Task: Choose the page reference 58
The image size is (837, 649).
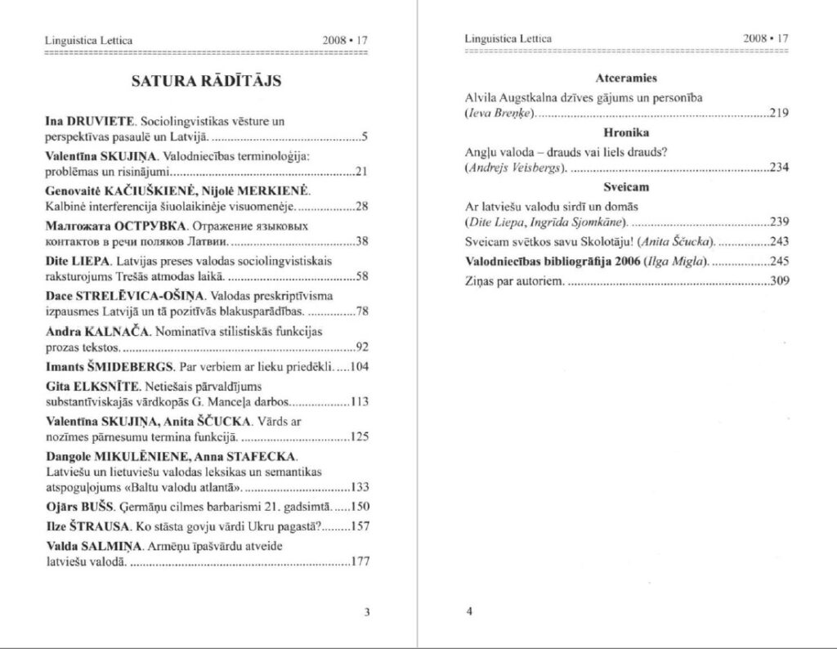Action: coord(364,276)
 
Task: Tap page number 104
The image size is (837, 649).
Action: coord(360,366)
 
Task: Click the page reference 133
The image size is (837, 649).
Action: coord(360,488)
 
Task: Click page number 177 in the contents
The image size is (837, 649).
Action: coord(360,562)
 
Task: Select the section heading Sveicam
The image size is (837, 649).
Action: coord(626,187)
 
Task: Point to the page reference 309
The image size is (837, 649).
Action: coord(779,281)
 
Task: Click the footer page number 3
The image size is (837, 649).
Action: coord(366,611)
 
